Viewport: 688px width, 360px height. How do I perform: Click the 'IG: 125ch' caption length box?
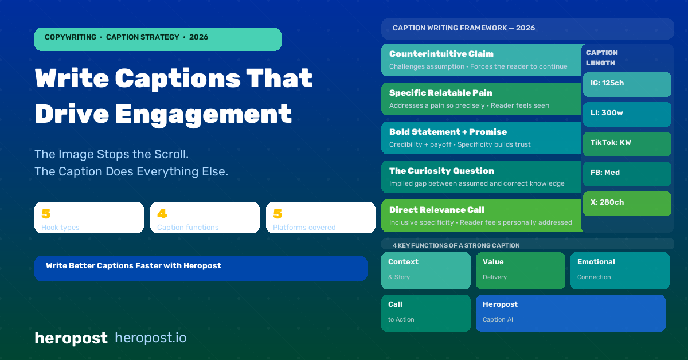pos(627,84)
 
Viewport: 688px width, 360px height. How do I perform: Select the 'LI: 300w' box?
pos(627,114)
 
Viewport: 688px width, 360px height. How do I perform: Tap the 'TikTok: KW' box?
pos(627,144)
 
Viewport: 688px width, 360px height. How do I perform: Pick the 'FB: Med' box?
pos(627,174)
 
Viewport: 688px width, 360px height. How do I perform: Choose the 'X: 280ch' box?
pos(627,204)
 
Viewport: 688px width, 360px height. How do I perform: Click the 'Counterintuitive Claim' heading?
pos(441,54)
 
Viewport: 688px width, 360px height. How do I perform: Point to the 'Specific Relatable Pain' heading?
pos(441,93)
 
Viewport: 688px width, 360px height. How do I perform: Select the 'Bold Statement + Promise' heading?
pos(448,132)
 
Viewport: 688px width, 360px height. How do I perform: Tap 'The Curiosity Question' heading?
pos(441,171)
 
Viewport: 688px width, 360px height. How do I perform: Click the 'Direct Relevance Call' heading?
pos(437,210)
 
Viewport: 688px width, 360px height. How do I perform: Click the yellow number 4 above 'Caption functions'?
pos(162,213)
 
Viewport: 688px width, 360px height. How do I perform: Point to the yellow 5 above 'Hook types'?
pos(46,213)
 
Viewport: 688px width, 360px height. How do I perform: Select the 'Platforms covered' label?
pos(304,228)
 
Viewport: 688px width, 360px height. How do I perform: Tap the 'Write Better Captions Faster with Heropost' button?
pos(201,268)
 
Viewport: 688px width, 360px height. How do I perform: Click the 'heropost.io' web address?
pos(150,338)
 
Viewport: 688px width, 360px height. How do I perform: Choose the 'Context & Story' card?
pos(425,271)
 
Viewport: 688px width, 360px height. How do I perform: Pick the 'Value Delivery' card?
pos(521,271)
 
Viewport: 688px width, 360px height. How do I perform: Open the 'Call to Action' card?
pos(425,313)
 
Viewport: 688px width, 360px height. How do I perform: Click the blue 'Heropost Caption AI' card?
pos(570,313)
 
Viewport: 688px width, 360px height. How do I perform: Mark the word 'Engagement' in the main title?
pos(204,115)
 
